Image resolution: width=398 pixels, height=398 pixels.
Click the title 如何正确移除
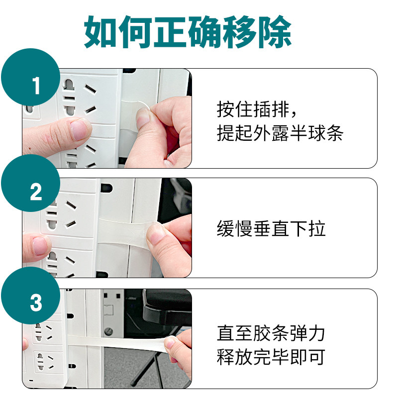(x=188, y=32)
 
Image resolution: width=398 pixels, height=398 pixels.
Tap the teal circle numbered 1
(x=35, y=86)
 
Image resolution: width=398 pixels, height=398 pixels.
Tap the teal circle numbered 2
(x=35, y=192)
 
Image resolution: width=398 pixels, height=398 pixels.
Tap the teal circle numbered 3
(x=35, y=302)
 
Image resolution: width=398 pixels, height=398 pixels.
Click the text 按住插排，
(x=259, y=109)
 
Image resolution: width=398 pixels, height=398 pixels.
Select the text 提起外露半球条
(x=280, y=133)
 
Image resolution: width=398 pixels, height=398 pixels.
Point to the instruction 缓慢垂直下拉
(x=271, y=229)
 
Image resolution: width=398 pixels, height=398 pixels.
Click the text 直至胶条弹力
(x=271, y=333)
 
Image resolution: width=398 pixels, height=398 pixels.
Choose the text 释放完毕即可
(x=271, y=357)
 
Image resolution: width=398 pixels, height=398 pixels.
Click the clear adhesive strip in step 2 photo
(x=124, y=228)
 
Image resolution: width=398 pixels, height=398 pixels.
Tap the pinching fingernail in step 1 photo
(x=143, y=118)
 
